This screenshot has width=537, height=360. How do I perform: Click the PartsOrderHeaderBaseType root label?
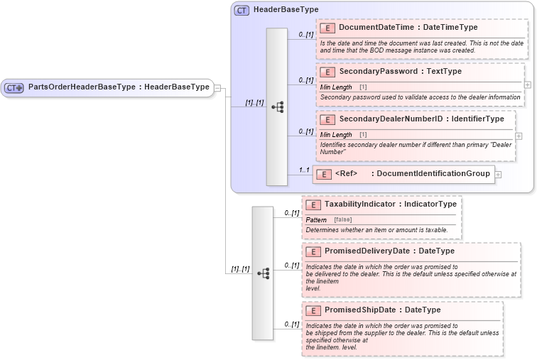coord(119,87)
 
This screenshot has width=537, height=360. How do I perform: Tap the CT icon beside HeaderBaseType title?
coord(242,10)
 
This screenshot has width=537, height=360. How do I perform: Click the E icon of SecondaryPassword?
coord(327,72)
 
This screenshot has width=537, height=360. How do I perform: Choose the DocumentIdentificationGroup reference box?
coord(403,174)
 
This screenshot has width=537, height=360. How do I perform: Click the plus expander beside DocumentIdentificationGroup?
coord(498,174)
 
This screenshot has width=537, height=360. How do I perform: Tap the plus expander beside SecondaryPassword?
coord(527,84)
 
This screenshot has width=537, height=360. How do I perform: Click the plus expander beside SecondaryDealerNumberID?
coord(519,136)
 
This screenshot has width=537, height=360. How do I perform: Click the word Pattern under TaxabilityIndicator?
coord(316,220)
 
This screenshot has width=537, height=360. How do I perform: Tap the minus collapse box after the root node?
coord(217,87)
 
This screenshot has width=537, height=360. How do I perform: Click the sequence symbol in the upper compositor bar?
coord(277,107)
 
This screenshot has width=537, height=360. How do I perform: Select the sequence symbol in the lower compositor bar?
coord(263,273)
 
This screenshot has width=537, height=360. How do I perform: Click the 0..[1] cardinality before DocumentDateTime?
coord(306,35)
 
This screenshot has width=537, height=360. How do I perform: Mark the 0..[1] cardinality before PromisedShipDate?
coord(291,324)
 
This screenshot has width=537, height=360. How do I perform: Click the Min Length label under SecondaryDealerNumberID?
coord(336,134)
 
